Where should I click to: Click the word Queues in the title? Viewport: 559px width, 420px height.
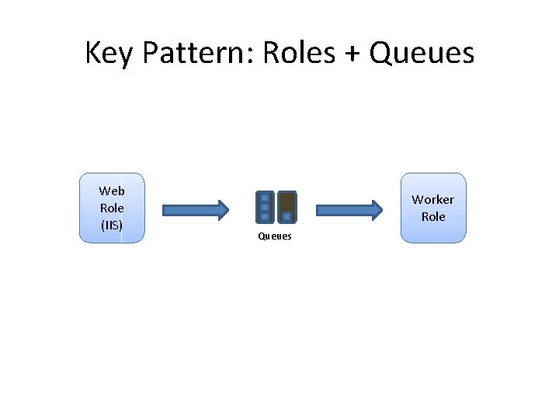[x=422, y=54]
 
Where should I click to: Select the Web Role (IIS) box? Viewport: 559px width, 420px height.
[x=112, y=208]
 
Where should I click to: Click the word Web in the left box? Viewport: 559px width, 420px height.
[x=112, y=191]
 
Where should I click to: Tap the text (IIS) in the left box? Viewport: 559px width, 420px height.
[x=112, y=226]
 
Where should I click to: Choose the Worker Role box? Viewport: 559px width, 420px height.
[x=433, y=208]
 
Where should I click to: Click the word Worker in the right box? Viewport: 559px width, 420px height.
[x=433, y=200]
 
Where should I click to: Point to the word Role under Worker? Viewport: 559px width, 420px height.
[x=433, y=217]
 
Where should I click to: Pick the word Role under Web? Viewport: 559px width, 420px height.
[x=112, y=208]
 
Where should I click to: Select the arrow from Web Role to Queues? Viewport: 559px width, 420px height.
[x=195, y=209]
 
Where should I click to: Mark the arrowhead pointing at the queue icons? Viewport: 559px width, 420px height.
[x=223, y=209]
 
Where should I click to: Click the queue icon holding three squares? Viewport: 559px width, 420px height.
[x=265, y=207]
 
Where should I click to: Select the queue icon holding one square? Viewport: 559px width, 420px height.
[x=286, y=207]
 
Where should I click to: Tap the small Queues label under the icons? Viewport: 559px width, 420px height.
[x=275, y=236]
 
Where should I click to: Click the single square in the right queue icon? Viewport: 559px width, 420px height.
[x=286, y=216]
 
